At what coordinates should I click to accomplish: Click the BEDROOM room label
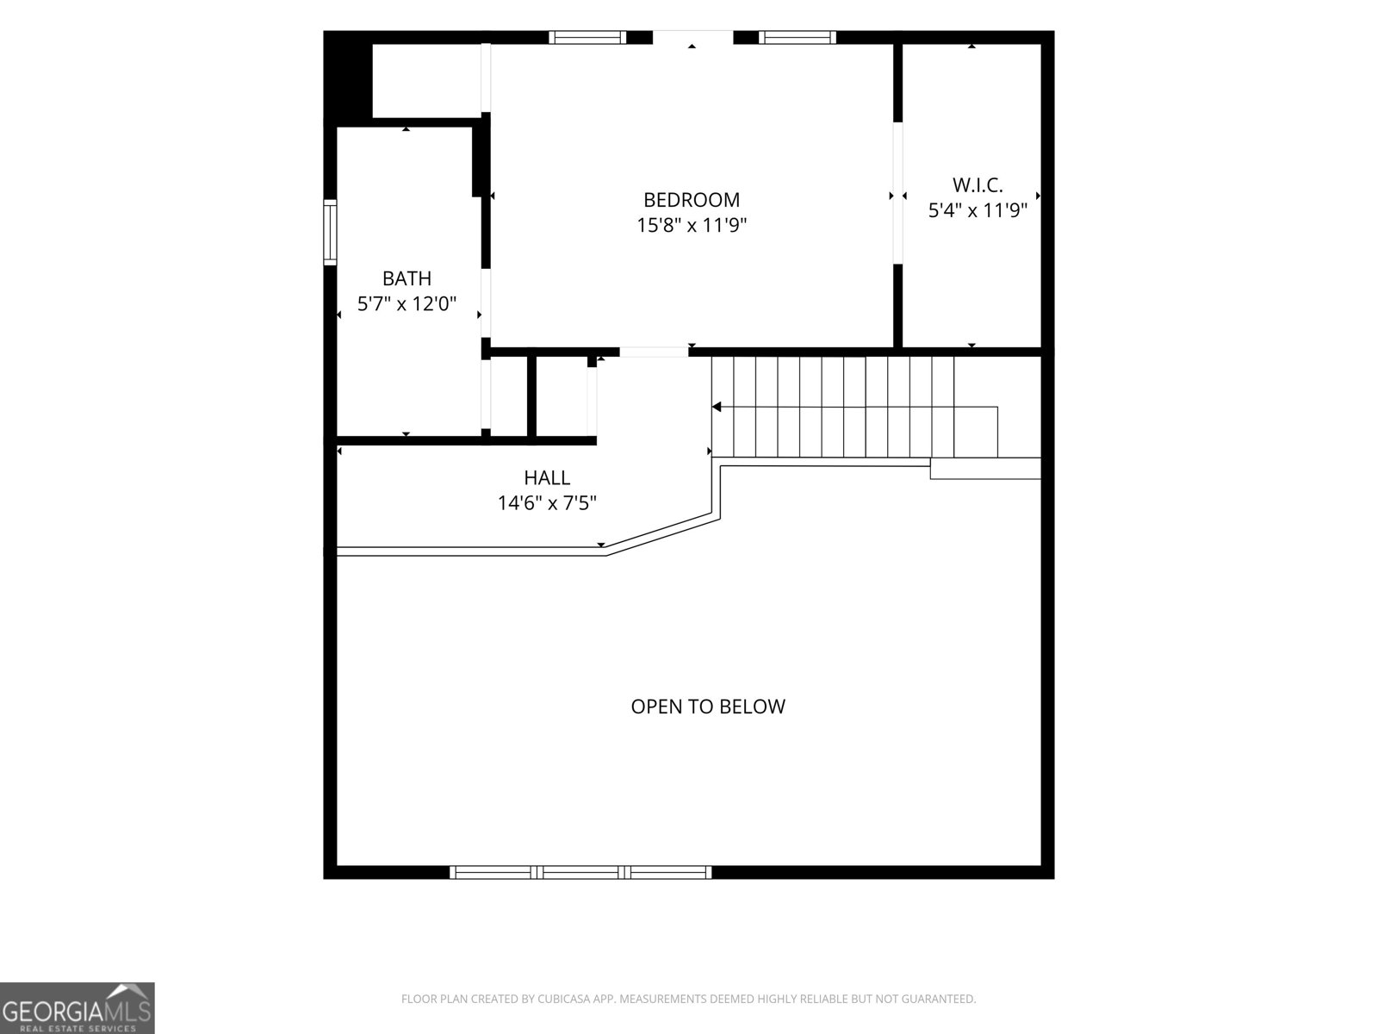692,200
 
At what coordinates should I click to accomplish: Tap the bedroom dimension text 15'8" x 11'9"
692,225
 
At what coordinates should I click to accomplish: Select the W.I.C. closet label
978,185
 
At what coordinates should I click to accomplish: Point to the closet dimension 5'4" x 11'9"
978,209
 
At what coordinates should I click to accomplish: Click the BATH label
407,278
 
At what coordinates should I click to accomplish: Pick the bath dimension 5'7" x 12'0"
407,304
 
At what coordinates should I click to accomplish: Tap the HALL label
547,477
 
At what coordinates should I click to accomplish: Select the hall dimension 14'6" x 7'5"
547,503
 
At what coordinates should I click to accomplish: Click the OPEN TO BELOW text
708,707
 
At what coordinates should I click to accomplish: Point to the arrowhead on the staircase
717,407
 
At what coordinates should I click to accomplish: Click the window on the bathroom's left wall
330,233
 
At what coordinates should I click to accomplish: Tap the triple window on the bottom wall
580,872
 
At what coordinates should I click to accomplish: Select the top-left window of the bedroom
587,37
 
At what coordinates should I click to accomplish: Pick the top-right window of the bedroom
798,37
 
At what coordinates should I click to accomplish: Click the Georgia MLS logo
78,1007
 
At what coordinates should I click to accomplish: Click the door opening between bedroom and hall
654,352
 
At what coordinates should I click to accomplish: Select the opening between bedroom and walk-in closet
897,193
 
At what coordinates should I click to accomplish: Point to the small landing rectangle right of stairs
985,469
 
